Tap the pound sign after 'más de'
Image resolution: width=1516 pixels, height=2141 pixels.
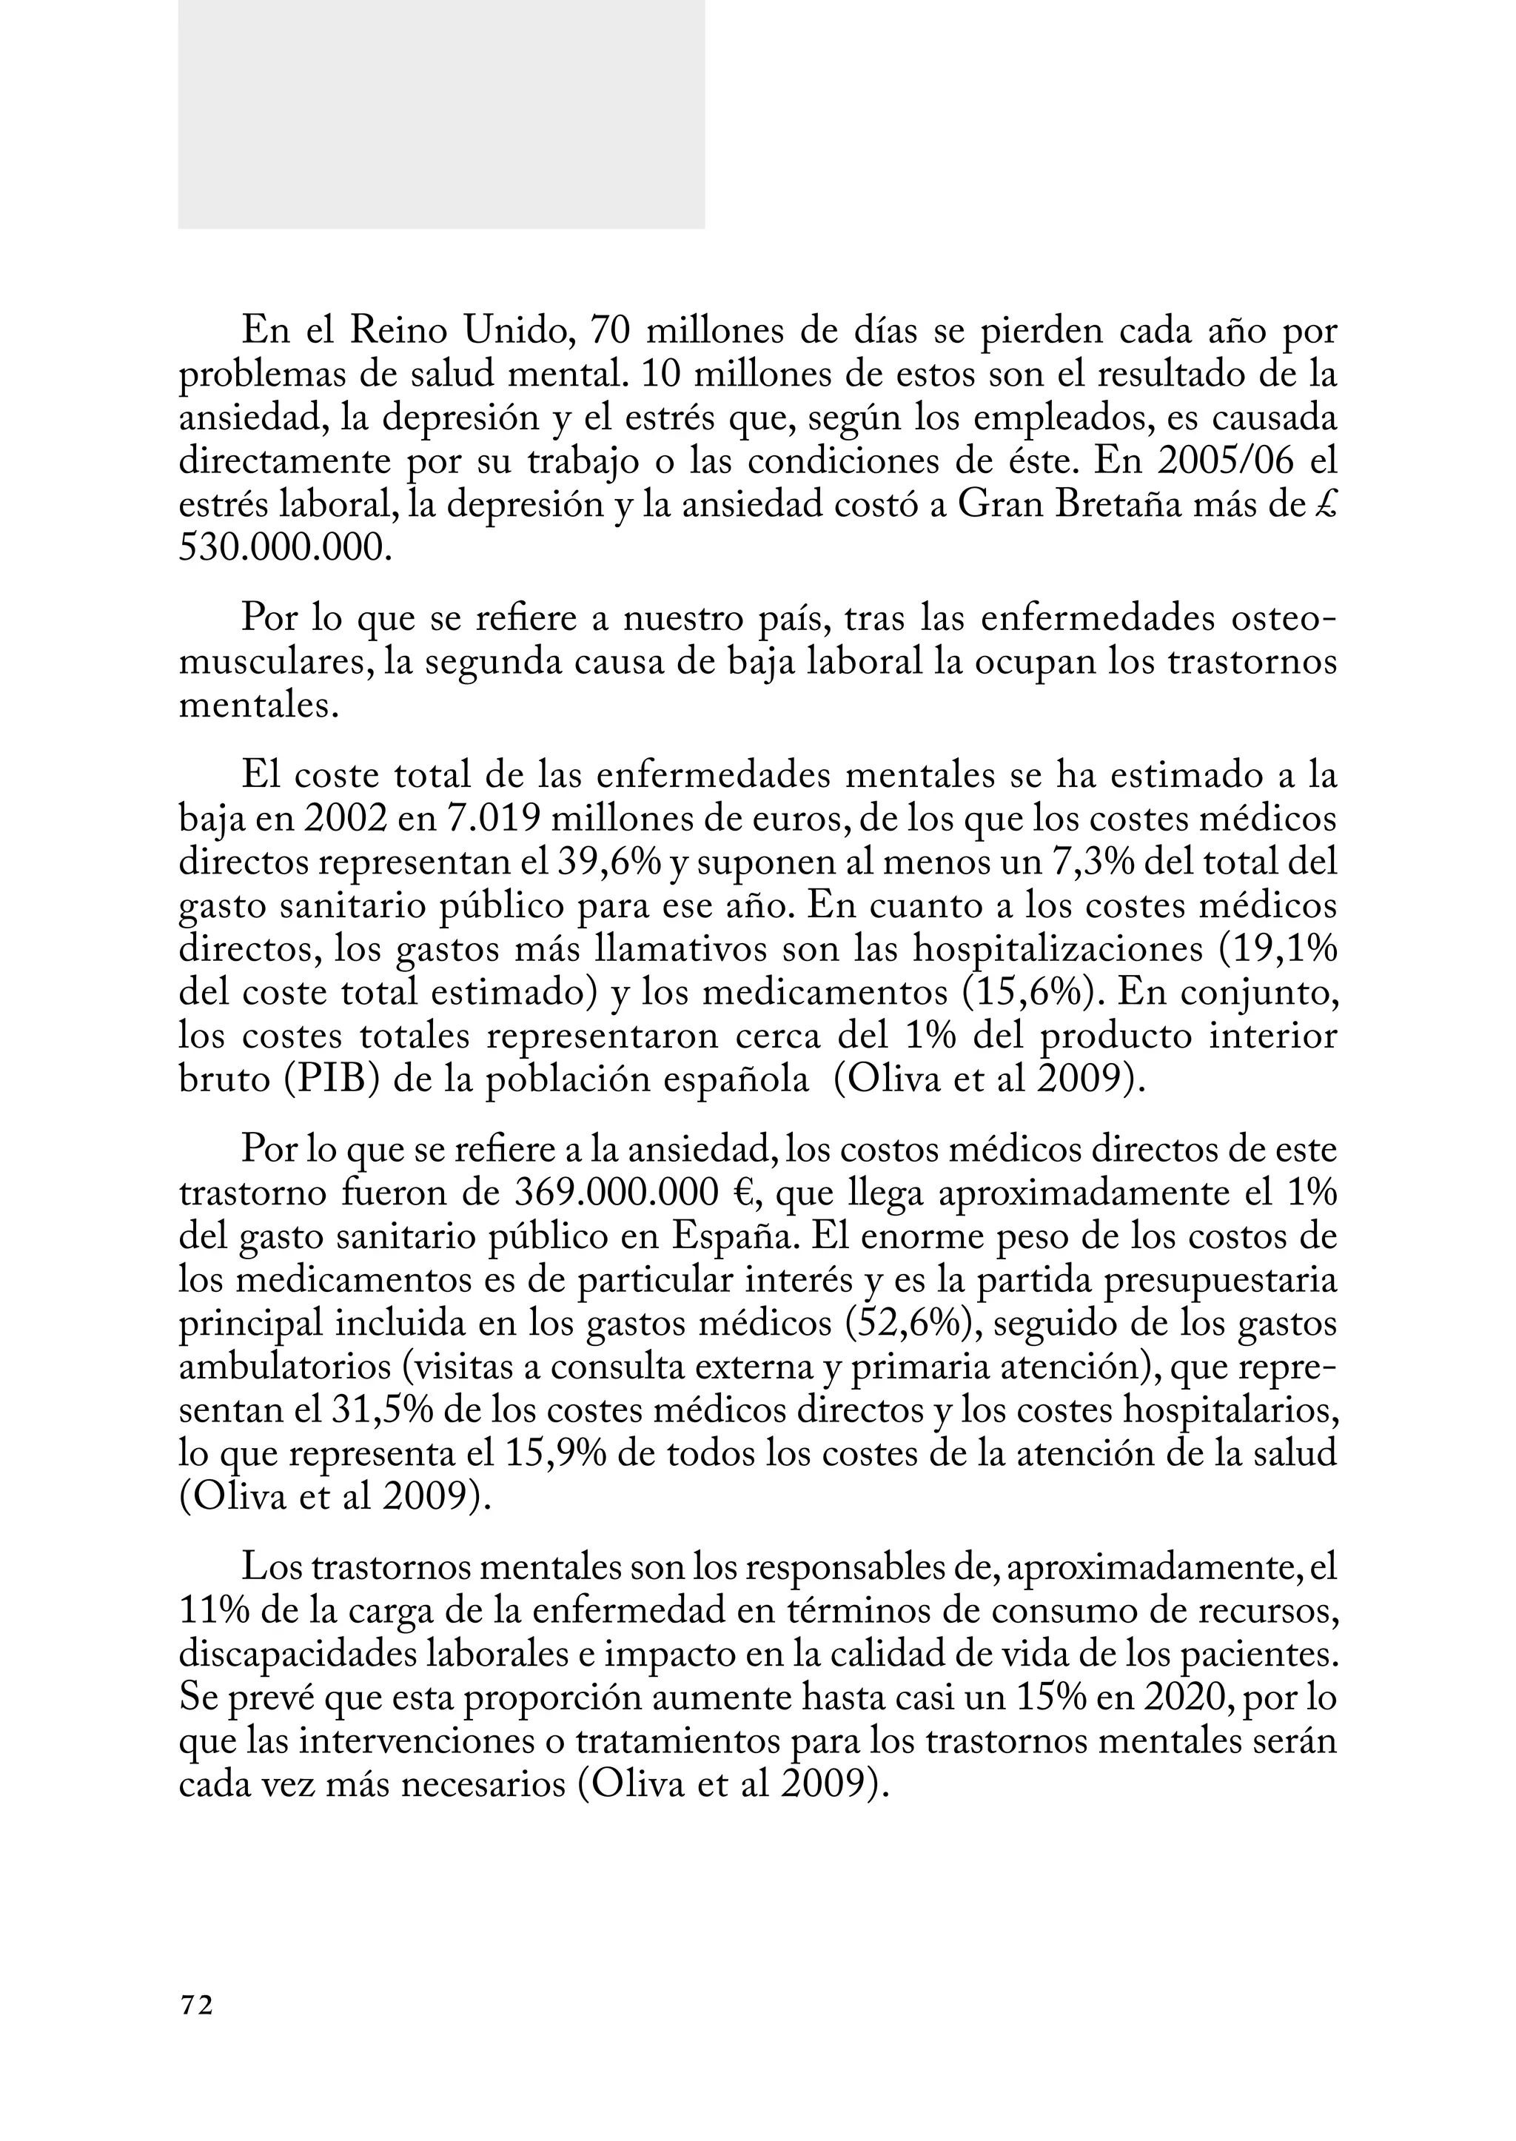(x=1326, y=505)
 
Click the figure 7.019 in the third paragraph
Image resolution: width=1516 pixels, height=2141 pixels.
(x=492, y=819)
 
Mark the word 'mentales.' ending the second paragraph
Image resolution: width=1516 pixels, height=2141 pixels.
(x=258, y=706)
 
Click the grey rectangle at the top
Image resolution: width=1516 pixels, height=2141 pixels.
(x=440, y=114)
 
